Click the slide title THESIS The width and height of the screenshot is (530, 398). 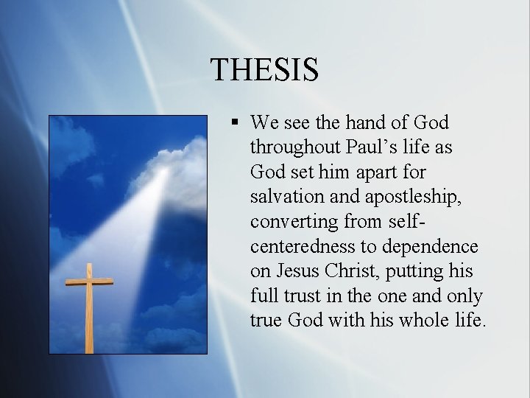(x=264, y=69)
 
